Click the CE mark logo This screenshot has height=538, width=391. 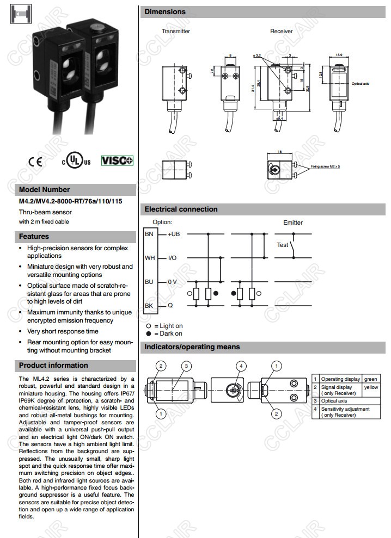tap(35, 162)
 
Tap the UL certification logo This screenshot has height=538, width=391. tap(76, 161)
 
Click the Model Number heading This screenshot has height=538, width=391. tap(45, 190)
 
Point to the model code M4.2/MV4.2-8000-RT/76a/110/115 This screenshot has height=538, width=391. tap(70, 201)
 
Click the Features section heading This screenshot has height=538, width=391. tap(34, 237)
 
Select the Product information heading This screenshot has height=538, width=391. tap(53, 366)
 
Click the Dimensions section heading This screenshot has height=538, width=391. tap(165, 11)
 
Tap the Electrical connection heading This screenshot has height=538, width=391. tap(181, 209)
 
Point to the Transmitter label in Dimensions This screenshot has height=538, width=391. tap(176, 31)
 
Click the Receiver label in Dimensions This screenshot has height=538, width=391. tap(282, 31)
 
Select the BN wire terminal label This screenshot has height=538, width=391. tap(149, 234)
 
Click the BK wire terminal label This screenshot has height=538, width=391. tap(149, 306)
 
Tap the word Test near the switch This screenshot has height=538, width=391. tap(282, 245)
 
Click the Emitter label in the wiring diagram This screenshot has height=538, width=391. tap(293, 222)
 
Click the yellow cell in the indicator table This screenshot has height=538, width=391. tap(371, 387)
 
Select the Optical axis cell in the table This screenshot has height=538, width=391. tap(334, 401)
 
